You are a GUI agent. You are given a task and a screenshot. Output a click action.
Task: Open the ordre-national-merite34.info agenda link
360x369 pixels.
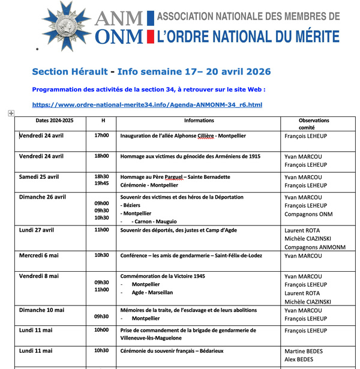coord(147,105)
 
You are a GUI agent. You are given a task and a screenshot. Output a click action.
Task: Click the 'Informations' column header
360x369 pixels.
coord(199,121)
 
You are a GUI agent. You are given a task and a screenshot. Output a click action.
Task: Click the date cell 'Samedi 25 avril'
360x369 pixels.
coord(39,177)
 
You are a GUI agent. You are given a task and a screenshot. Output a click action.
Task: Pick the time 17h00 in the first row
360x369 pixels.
coord(101,136)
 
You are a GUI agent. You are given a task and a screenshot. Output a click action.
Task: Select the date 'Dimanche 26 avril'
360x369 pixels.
coord(43,197)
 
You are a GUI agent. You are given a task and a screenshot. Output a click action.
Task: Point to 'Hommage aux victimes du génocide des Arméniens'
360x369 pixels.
coord(190,156)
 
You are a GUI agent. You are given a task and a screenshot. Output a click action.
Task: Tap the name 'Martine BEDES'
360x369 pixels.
coord(305,350)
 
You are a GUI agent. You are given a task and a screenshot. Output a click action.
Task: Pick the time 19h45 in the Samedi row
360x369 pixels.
coord(101,184)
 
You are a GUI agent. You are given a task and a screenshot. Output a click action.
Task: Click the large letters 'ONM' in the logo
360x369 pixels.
coord(119,37)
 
